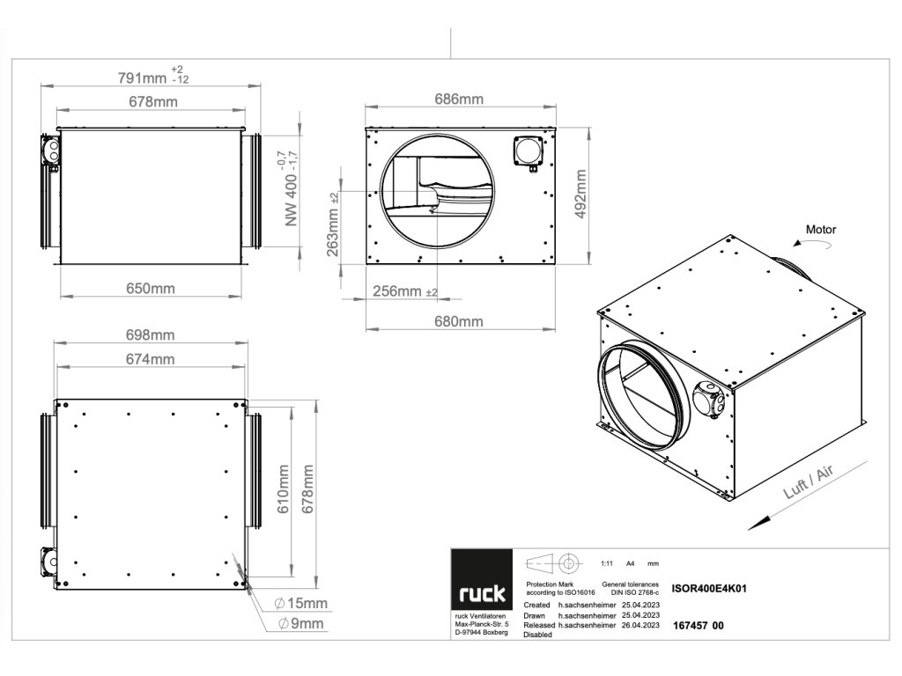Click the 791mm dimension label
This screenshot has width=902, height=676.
point(142,78)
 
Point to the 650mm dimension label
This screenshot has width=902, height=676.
point(151,288)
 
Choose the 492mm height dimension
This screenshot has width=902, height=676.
point(580,196)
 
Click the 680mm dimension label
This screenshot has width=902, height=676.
point(459,322)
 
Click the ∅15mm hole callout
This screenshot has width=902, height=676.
point(302,603)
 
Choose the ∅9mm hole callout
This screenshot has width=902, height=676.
point(302,624)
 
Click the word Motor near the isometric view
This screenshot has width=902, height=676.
point(821,230)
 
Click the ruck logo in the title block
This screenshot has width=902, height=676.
point(480,591)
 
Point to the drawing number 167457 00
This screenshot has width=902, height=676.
point(698,625)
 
